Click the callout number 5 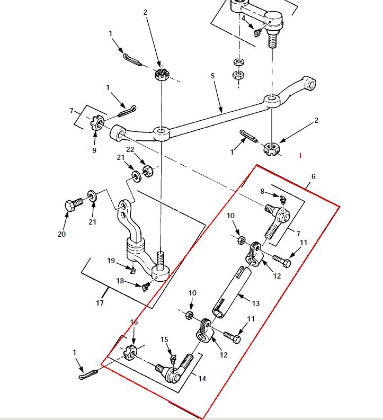(213, 76)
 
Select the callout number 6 (313, 176)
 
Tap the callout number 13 (256, 303)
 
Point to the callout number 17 (100, 303)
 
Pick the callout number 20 (62, 234)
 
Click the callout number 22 (130, 150)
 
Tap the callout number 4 (243, 18)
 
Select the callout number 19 (111, 260)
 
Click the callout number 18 (120, 281)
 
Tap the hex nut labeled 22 (148, 171)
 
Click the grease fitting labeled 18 (141, 286)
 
